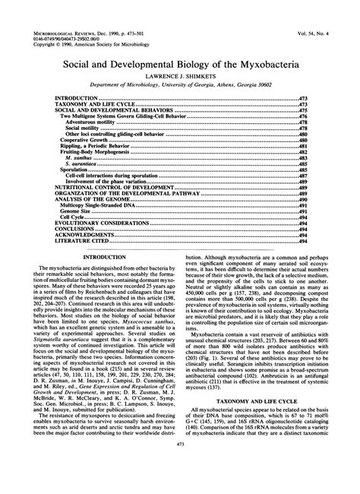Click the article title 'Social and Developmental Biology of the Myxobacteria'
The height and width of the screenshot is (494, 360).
[180, 67]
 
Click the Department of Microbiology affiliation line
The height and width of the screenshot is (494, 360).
[180, 88]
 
